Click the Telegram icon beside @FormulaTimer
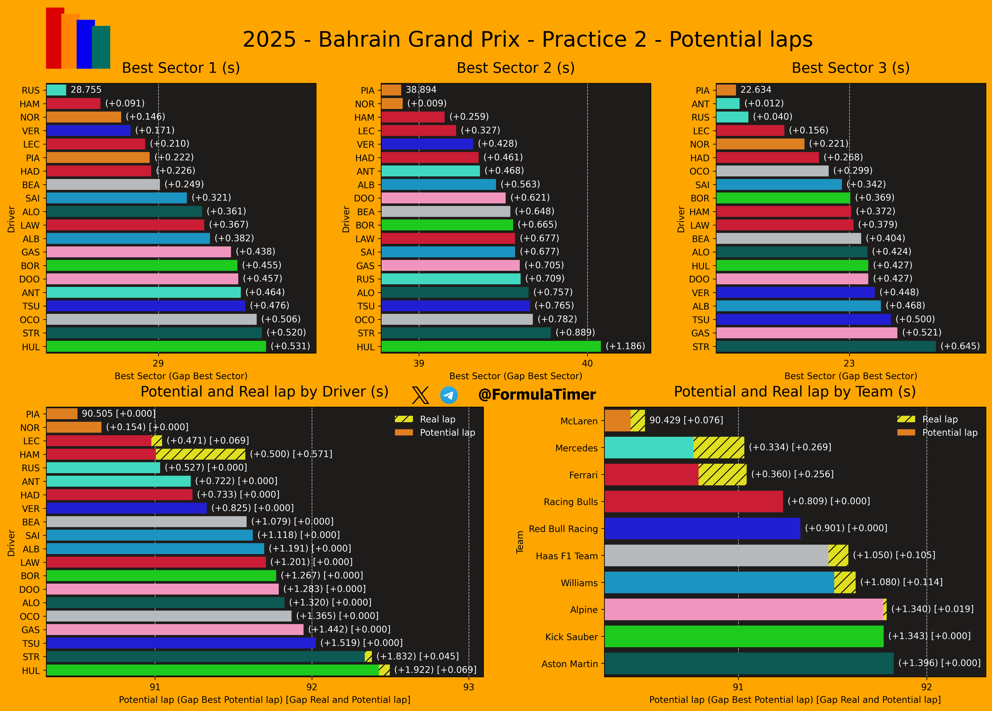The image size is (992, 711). click(449, 395)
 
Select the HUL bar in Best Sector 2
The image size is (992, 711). click(491, 346)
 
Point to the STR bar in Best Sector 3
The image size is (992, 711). click(826, 346)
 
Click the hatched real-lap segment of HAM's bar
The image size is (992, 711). click(200, 454)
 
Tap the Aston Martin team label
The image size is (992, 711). click(569, 664)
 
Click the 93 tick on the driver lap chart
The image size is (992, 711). click(468, 687)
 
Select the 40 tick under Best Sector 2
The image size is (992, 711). click(587, 363)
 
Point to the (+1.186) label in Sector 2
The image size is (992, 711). click(625, 346)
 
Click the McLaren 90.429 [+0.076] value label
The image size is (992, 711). click(686, 420)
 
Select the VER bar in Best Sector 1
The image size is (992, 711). click(88, 130)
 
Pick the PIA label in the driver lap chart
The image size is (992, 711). click(33, 414)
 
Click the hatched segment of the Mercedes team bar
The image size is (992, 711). click(719, 448)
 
